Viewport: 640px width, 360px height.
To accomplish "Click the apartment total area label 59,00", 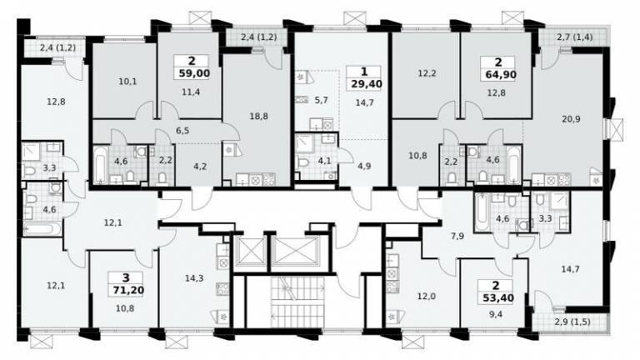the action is click(x=194, y=73).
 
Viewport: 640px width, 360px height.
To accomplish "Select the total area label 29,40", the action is click(x=366, y=84).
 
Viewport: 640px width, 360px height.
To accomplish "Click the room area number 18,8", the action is click(x=258, y=117).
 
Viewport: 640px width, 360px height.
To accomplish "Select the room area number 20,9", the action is click(x=571, y=119).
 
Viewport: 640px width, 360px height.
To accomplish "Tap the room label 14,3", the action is click(x=194, y=278).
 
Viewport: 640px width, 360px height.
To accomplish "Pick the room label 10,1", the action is click(x=127, y=82).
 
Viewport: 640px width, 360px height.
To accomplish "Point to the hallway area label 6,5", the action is click(x=182, y=131).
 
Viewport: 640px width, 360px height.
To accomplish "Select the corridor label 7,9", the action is click(x=457, y=236).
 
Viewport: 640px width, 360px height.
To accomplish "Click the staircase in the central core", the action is click(x=297, y=302).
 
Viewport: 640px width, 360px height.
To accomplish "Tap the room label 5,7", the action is click(x=321, y=100).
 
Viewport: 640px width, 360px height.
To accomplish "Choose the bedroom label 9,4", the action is click(x=497, y=314).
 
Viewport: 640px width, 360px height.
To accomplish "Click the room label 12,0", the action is click(x=426, y=297).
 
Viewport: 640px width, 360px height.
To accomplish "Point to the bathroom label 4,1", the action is click(x=324, y=161).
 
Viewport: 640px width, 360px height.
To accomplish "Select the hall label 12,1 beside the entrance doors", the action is click(x=112, y=222).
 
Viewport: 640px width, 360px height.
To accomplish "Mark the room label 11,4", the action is click(x=191, y=92).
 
